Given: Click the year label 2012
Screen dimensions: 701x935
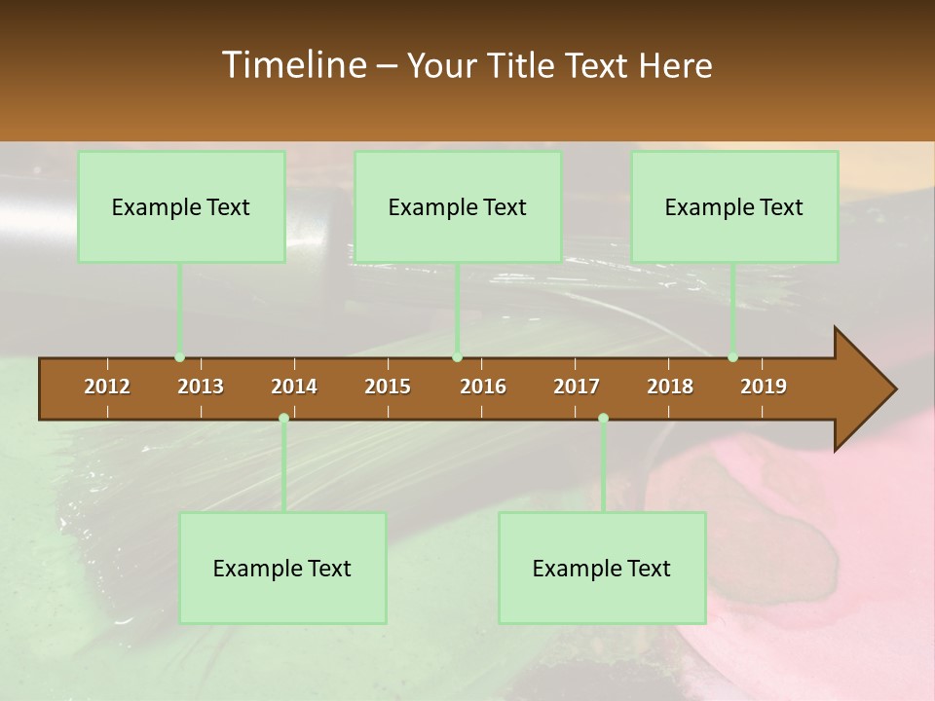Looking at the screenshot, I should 107,387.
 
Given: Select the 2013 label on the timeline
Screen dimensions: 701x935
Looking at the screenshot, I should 201,387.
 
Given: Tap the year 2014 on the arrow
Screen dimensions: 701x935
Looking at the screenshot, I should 294,387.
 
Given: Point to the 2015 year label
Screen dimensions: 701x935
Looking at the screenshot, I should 388,387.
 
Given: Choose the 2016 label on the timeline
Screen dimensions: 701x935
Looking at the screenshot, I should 483,387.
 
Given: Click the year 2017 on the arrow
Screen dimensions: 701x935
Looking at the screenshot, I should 577,387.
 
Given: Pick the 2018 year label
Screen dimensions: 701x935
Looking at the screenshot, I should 670,387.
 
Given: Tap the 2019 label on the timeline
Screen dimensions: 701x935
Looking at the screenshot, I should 764,387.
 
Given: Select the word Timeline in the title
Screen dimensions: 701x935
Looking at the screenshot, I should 292,65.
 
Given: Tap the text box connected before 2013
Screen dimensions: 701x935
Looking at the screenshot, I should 181,206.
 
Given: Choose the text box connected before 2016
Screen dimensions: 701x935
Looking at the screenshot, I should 458,206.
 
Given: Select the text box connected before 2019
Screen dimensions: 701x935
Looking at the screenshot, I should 734,206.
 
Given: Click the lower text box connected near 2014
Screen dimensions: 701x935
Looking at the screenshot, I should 282,568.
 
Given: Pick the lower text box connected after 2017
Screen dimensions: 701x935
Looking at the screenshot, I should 602,568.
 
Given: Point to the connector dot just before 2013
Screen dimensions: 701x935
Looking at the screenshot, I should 179,357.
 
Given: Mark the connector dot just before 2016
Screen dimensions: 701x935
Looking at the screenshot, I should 457,357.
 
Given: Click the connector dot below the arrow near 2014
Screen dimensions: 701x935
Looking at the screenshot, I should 283,418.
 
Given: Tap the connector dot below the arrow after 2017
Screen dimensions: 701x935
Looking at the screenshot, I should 603,418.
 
